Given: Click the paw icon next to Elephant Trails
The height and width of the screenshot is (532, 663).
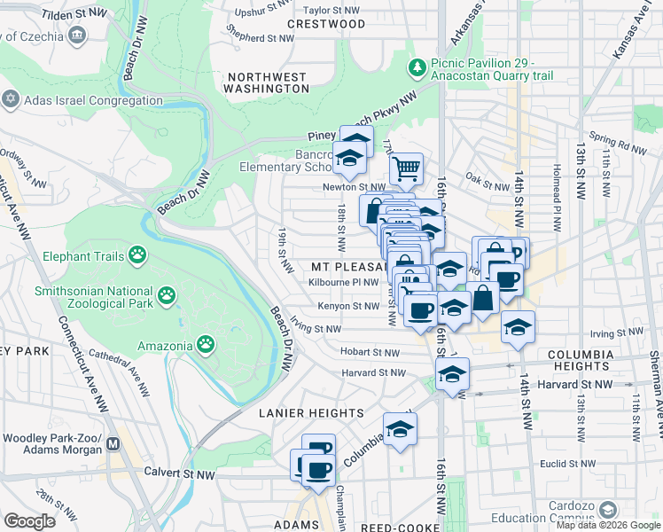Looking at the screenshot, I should [137, 256].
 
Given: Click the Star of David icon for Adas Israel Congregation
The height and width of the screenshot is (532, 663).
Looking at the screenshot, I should [12, 99].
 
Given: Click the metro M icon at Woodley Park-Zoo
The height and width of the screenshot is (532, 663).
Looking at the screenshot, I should [113, 444].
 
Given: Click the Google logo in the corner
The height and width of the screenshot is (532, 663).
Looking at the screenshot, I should [31, 521].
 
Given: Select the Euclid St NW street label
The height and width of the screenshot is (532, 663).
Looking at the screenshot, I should [565, 463].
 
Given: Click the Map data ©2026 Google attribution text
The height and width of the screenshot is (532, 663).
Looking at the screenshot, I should [608, 525].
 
